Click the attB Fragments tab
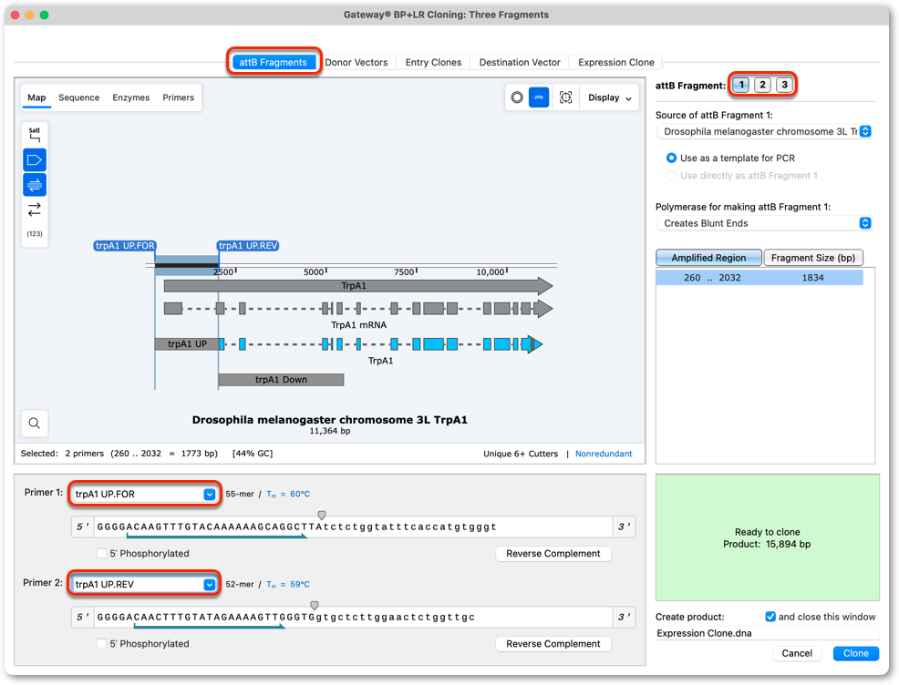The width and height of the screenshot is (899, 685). click(x=273, y=62)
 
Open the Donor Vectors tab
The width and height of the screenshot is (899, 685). click(x=356, y=62)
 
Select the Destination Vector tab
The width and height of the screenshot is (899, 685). click(x=520, y=62)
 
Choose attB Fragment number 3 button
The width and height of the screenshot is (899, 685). click(x=784, y=85)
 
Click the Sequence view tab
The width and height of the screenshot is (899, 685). click(x=79, y=97)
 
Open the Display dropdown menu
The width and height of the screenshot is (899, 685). click(x=609, y=97)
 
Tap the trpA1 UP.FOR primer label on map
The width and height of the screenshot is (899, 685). click(x=124, y=246)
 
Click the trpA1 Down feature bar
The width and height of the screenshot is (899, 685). click(x=281, y=380)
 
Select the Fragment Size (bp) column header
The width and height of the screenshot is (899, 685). click(x=813, y=258)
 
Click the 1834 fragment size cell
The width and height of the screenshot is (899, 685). click(x=812, y=278)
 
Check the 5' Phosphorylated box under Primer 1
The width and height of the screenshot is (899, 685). click(x=101, y=553)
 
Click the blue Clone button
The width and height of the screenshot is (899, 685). click(x=856, y=653)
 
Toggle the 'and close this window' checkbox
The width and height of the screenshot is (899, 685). click(x=770, y=617)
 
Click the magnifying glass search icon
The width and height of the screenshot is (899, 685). click(x=35, y=424)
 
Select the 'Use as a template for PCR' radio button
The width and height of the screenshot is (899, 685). click(x=671, y=158)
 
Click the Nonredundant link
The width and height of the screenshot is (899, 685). click(x=604, y=454)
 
